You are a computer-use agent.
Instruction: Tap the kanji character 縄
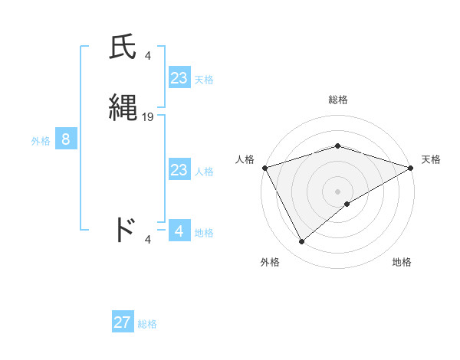[123, 108]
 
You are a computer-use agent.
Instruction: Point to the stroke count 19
[148, 116]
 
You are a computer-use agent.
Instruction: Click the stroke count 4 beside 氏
[148, 55]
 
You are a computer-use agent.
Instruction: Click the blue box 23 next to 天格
[179, 78]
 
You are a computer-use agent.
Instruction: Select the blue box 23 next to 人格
[179, 170]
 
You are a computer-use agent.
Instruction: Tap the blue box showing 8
[66, 139]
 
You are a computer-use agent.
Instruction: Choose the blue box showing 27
[123, 322]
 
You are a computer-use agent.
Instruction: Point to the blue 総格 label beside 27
[147, 324]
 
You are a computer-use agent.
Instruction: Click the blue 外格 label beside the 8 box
[41, 141]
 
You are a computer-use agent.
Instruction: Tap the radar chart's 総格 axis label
[337, 100]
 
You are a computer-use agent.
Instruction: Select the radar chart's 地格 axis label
[402, 263]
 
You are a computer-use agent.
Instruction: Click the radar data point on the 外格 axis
[302, 242]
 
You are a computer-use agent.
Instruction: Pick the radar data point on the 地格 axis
[347, 204]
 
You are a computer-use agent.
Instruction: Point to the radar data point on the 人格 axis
[264, 168]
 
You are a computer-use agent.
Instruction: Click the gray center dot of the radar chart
[337, 191]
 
